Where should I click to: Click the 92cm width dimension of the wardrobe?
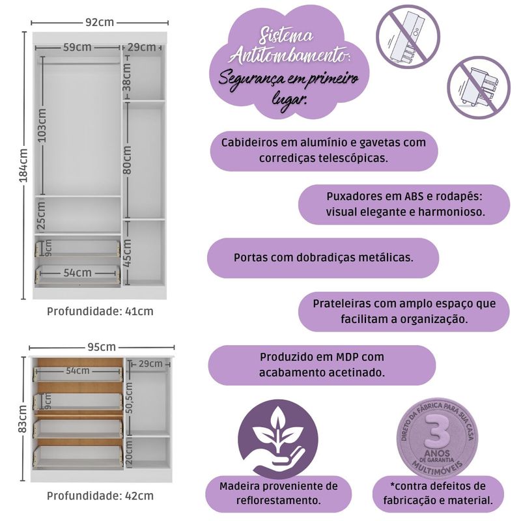[100, 22]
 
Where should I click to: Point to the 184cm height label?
[23, 165]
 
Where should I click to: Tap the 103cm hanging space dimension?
[42, 125]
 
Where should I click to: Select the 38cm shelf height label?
[127, 77]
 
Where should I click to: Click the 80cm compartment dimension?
[127, 160]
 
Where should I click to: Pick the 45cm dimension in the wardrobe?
[127, 253]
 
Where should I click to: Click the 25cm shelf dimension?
[41, 216]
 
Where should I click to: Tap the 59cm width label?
[77, 47]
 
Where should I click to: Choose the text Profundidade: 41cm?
[100, 311]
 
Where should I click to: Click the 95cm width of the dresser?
[102, 347]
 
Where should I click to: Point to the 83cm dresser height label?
[23, 419]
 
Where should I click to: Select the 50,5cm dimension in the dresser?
[129, 398]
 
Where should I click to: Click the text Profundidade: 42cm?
[100, 496]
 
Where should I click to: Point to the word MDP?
[347, 357]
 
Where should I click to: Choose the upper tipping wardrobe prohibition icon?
[408, 37]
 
